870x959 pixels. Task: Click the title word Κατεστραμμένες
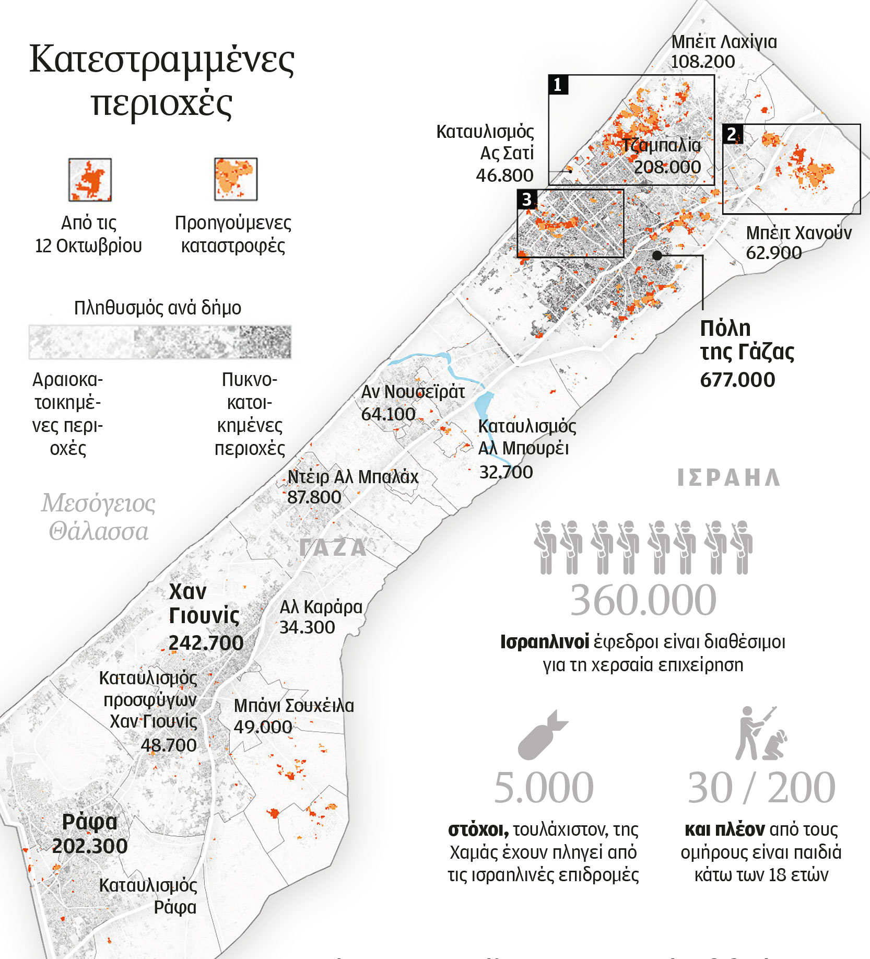162,61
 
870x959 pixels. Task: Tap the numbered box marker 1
558,85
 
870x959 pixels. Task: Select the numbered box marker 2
732,134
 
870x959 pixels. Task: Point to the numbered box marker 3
527,199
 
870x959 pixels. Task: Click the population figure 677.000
737,380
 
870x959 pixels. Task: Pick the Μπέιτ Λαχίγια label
724,42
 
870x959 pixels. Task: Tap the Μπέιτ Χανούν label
798,233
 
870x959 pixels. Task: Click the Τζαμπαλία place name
661,145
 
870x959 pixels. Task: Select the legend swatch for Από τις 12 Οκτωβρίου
90,180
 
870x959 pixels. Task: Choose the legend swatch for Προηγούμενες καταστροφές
236,179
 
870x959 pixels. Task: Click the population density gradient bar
160,342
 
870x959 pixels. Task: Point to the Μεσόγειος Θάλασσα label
99,517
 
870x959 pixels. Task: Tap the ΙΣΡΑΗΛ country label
728,478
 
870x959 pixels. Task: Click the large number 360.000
643,601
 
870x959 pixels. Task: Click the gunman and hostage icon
760,733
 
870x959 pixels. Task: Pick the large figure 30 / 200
761,788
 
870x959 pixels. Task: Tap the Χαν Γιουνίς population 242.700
206,643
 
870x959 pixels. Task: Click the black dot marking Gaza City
657,255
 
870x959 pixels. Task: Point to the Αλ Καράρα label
321,607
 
